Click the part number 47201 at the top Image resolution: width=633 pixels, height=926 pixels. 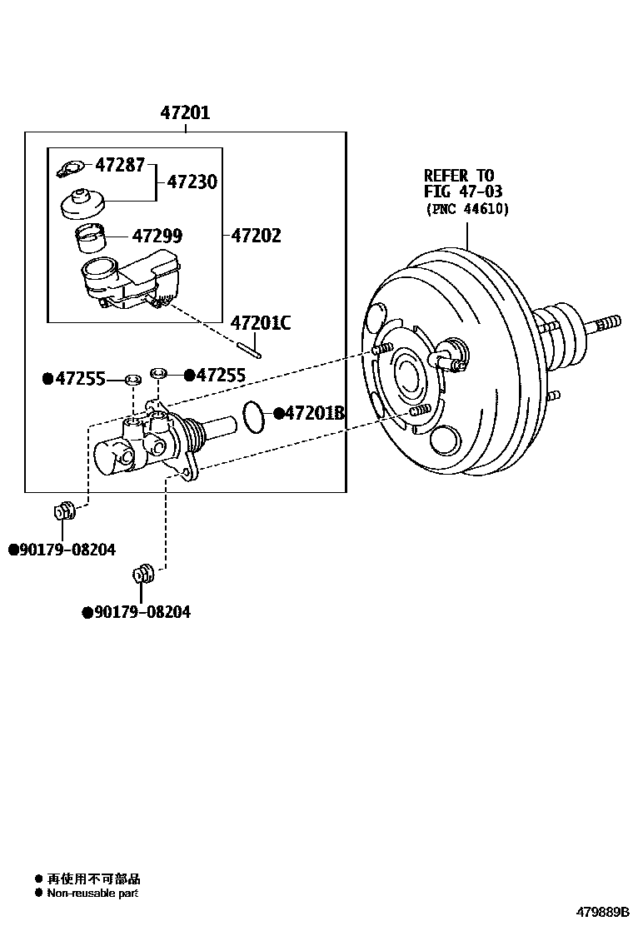pyautogui.click(x=185, y=112)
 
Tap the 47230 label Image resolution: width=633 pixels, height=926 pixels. pyautogui.click(x=192, y=181)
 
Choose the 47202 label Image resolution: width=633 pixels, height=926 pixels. pyautogui.click(x=256, y=236)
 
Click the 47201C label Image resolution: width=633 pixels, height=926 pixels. pyautogui.click(x=261, y=322)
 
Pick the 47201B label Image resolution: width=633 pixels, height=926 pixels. pyautogui.click(x=315, y=412)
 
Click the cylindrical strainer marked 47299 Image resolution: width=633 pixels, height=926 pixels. pyautogui.click(x=88, y=238)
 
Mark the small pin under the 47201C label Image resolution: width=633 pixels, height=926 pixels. pyautogui.click(x=249, y=350)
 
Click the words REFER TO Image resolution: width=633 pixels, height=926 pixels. pyautogui.click(x=458, y=176)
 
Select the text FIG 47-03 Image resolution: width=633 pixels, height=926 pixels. pyautogui.click(x=463, y=192)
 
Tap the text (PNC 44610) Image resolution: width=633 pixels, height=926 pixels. pyautogui.click(x=466, y=208)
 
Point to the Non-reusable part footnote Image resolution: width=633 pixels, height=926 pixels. pyautogui.click(x=92, y=893)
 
